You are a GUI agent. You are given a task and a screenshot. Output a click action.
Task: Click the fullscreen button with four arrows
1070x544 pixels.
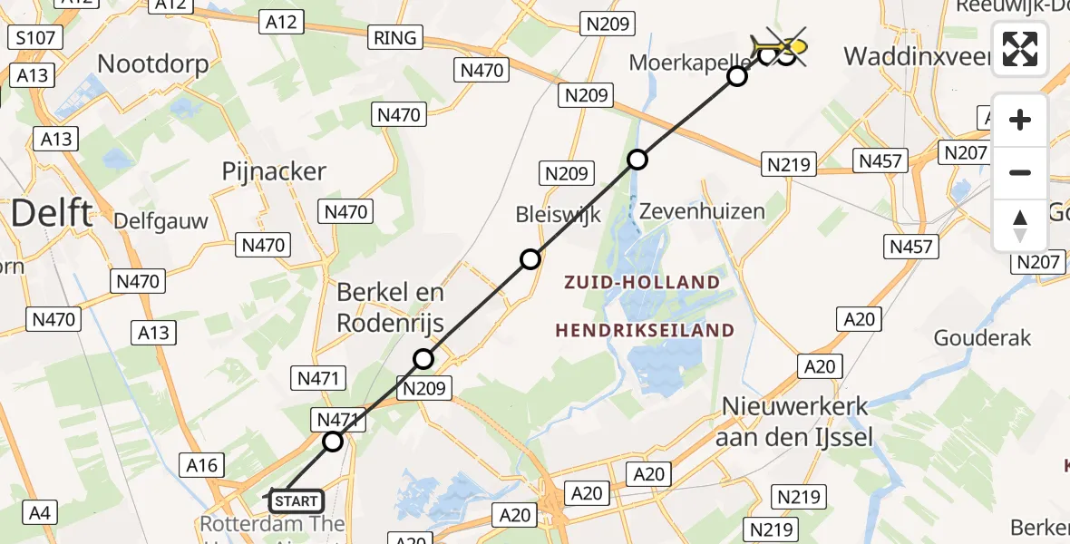tap(1020, 49)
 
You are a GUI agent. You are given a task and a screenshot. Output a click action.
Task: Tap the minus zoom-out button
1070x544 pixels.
tap(1020, 172)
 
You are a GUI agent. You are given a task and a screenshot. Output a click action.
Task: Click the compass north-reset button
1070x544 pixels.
tap(1020, 225)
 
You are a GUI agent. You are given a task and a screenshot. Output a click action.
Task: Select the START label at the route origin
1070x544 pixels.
tap(296, 500)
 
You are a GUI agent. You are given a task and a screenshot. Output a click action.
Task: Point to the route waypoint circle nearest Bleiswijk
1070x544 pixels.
tap(530, 259)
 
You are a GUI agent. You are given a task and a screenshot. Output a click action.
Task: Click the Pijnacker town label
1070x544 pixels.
tap(273, 171)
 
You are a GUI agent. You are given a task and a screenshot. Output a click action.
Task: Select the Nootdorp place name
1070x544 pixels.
tap(152, 64)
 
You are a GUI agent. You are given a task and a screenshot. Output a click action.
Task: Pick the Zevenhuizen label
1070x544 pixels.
tap(701, 211)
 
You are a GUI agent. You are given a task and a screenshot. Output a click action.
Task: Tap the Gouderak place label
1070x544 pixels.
tap(983, 338)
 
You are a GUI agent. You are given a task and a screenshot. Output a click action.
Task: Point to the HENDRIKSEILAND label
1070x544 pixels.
tap(645, 330)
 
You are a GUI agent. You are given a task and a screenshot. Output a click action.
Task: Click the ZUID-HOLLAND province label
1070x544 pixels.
tap(641, 283)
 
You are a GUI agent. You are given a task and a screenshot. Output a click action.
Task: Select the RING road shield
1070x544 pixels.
tap(395, 37)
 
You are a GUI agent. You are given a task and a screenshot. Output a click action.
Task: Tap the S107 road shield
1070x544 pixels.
tap(35, 38)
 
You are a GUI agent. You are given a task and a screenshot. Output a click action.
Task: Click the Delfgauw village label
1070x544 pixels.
tap(160, 220)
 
